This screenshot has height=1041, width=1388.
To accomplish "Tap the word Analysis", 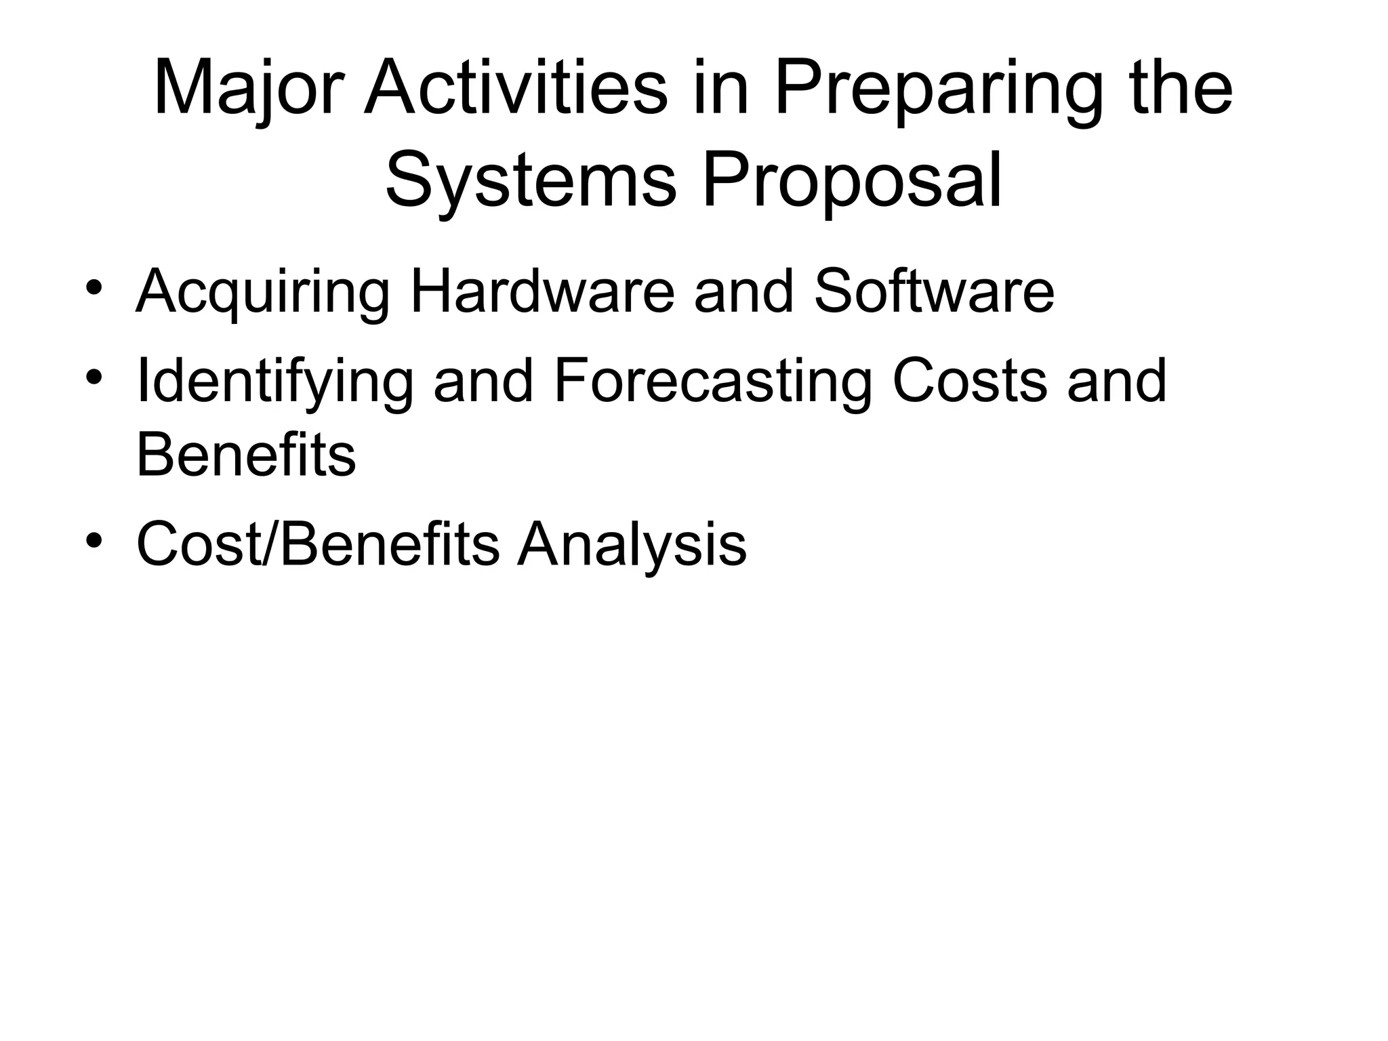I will [x=632, y=545].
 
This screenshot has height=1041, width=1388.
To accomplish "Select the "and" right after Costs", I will [x=1117, y=381].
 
